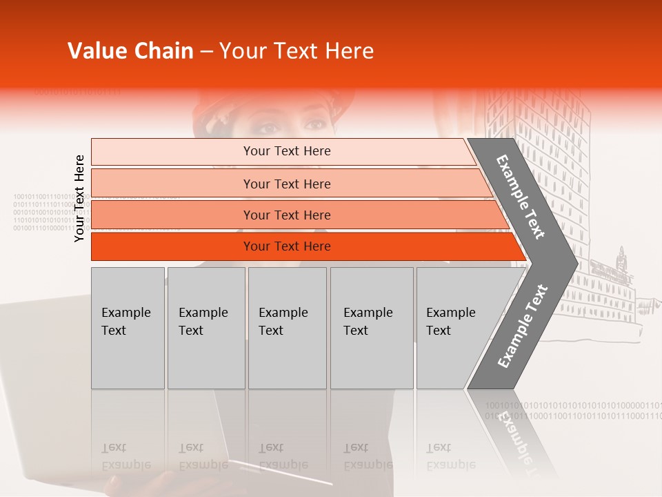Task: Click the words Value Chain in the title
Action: [130, 51]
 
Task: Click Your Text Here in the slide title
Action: [297, 51]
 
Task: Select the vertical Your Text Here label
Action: [79, 198]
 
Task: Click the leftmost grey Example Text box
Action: [128, 328]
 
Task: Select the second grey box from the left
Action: [205, 328]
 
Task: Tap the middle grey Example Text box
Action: [287, 328]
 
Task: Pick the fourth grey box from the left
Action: [372, 328]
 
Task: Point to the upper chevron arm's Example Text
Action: [521, 197]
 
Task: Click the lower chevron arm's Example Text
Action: [523, 326]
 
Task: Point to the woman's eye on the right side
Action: [314, 125]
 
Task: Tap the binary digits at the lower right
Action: [572, 410]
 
